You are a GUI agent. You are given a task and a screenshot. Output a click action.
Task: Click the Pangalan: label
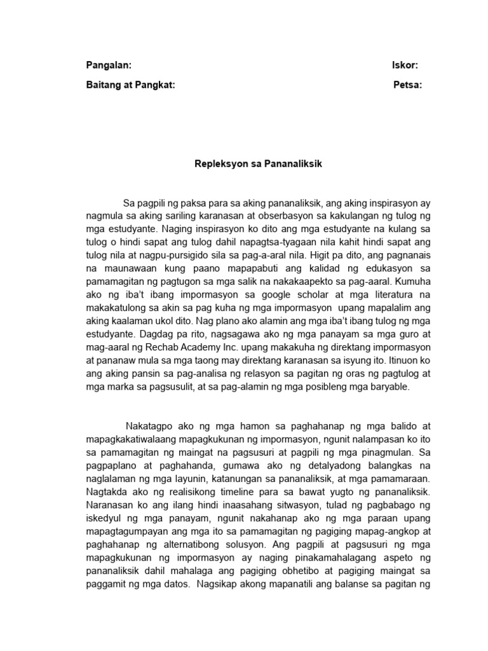[x=109, y=65]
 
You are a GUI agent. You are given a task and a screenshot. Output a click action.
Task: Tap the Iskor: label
[x=405, y=65]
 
